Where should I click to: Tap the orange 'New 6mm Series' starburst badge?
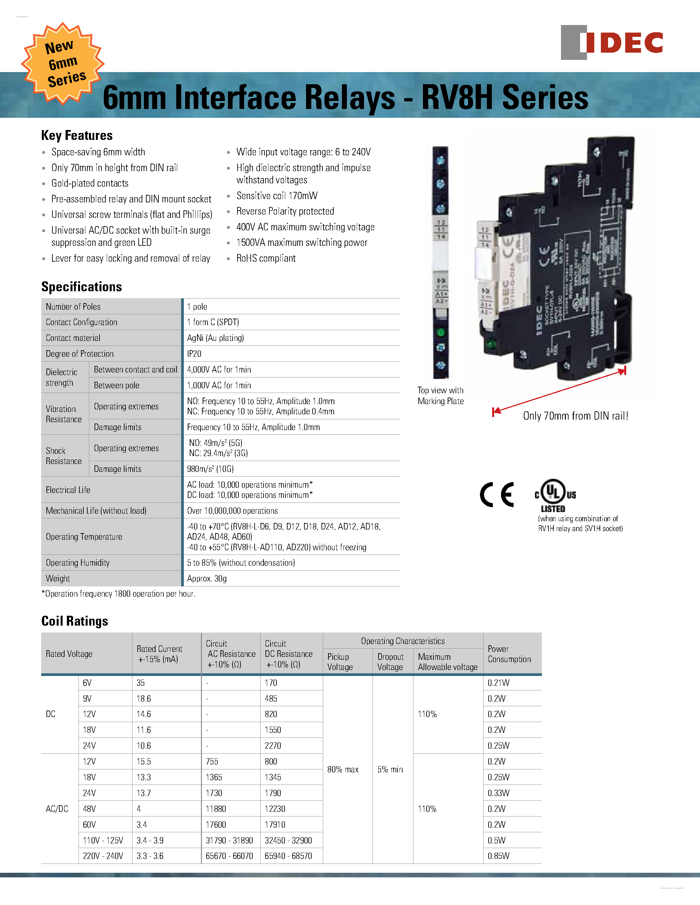click(x=63, y=63)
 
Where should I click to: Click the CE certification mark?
click(x=497, y=494)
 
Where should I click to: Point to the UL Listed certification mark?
click(x=555, y=496)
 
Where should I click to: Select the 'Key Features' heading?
click(x=77, y=136)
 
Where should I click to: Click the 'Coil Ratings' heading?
click(x=75, y=621)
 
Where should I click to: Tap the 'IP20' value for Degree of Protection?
click(x=194, y=354)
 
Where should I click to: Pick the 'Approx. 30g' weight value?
click(x=207, y=579)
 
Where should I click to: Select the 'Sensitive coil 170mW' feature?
click(x=277, y=195)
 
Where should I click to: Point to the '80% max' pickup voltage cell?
click(x=343, y=769)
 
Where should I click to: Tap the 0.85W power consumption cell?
click(x=498, y=856)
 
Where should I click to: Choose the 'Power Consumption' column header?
click(x=509, y=654)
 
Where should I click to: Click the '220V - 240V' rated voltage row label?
click(x=103, y=856)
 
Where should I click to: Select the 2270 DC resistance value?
click(x=273, y=746)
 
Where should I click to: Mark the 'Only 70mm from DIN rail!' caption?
click(x=575, y=416)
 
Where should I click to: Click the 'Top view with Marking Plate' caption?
click(x=440, y=396)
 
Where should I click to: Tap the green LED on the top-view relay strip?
click(x=441, y=332)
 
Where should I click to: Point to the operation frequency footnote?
click(x=119, y=594)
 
